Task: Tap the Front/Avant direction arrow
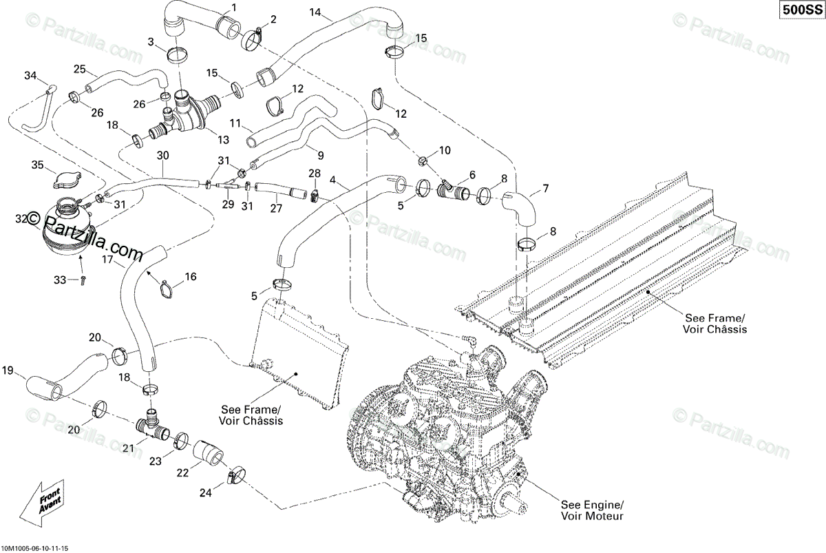click(42, 503)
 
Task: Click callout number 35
click(36, 164)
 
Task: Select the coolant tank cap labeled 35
click(65, 180)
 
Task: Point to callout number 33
click(60, 280)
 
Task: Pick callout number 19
click(8, 371)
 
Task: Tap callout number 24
click(204, 492)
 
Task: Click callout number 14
click(315, 12)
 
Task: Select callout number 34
click(30, 75)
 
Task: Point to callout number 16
click(189, 276)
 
